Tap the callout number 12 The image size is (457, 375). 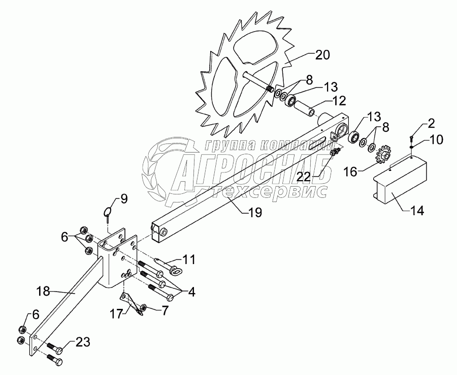(x=325, y=99)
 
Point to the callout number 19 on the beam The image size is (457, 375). (x=255, y=213)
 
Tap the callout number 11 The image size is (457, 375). (x=189, y=259)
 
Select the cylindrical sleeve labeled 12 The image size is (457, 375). (x=306, y=109)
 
